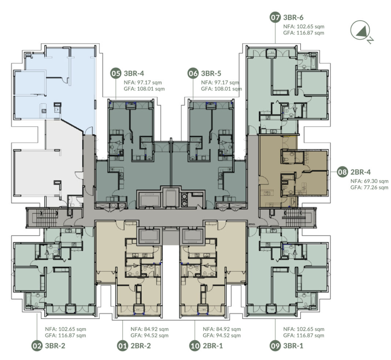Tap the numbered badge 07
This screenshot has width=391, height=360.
coord(275,18)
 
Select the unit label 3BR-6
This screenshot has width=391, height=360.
coord(293,18)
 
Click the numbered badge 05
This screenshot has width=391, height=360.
coord(116,73)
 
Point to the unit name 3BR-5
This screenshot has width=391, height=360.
coord(211,73)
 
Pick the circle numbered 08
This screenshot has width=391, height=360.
coord(342,172)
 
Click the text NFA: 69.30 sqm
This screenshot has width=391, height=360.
coord(369,181)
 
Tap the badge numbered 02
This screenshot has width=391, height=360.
coord(37,346)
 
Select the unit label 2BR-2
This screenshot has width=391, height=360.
coord(141,346)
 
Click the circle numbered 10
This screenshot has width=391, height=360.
coord(195,346)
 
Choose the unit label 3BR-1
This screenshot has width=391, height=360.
coord(293,346)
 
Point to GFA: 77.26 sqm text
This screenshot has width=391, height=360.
coord(369,188)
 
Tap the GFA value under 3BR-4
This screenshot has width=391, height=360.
coord(144,89)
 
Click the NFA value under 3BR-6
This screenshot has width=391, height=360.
coord(304,26)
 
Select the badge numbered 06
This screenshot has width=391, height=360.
coord(193,73)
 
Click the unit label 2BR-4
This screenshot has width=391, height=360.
coord(361,172)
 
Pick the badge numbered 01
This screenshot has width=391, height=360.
coord(122,346)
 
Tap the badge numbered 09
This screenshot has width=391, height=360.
coord(275,346)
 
